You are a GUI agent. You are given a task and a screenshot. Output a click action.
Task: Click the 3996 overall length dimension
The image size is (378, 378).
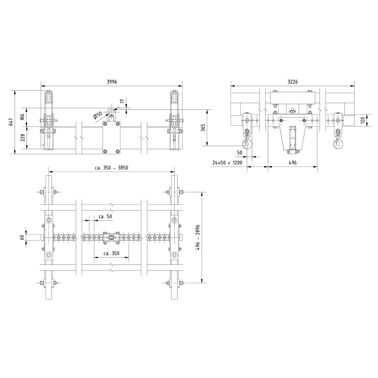coord(112,82)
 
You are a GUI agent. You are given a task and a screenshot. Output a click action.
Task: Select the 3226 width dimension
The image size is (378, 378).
coord(293,82)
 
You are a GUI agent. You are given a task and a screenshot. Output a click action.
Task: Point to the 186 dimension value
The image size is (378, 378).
coord(22,117)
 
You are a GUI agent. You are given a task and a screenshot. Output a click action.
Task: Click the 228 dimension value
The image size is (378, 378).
coord(22,138)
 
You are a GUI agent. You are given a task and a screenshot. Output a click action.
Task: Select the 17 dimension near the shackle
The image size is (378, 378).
coord(122,102)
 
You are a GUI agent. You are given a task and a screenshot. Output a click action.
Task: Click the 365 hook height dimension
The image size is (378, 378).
coord(203,128)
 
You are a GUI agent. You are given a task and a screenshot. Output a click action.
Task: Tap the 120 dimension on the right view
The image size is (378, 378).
coord(363,120)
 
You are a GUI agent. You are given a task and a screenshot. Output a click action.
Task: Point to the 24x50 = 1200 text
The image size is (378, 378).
coord(227,163)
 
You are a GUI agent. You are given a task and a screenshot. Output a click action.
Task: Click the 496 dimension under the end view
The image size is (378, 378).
coord(292,163)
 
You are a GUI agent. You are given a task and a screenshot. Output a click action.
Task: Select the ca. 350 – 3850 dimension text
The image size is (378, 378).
coord(112,168)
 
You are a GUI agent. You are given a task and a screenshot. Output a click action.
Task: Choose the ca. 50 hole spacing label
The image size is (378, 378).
coord(105,216)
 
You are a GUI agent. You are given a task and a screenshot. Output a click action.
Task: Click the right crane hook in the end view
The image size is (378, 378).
coord(338,143)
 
